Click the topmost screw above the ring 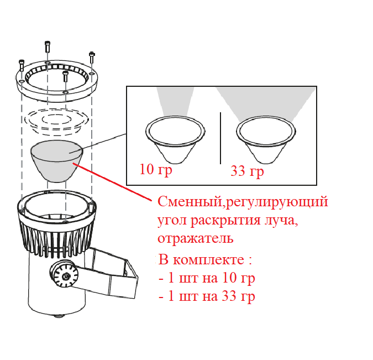[48, 47]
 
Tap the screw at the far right [92, 58]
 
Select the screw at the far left [22, 65]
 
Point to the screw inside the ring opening [65, 76]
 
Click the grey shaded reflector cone [57, 161]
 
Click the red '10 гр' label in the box [156, 170]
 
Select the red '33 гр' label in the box [247, 171]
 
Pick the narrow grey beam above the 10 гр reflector [175, 102]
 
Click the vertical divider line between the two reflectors [220, 138]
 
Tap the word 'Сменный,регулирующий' [243, 202]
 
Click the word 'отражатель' [196, 238]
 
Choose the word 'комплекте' [208, 260]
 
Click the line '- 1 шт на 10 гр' [207, 278]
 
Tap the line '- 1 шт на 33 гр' [207, 296]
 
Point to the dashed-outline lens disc [57, 119]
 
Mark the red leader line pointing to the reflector [112, 182]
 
